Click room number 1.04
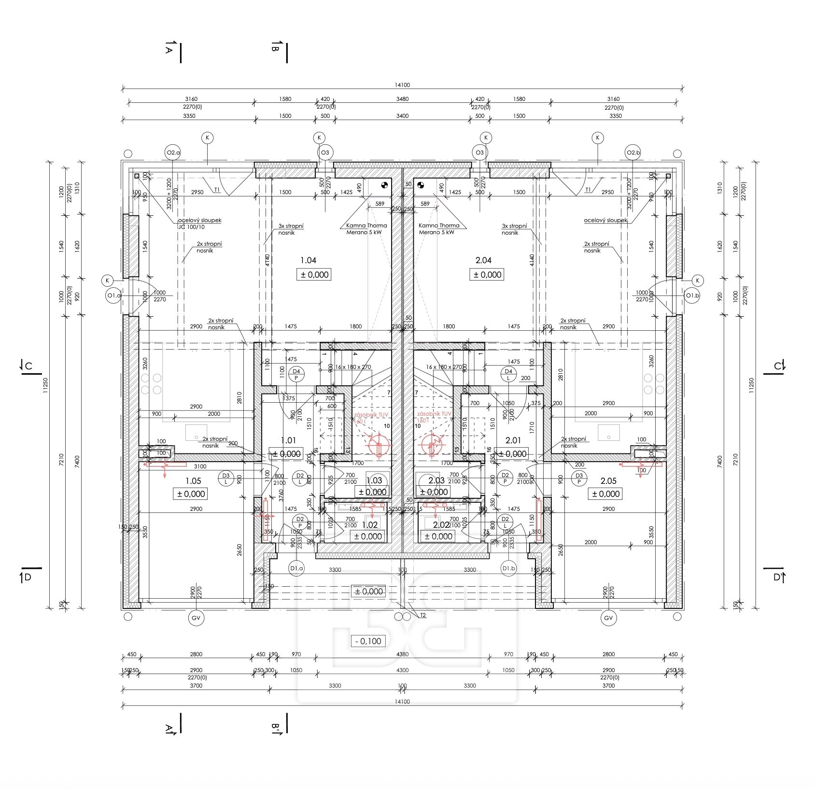[308, 260]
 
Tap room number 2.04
[483, 260]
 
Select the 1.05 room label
[193, 481]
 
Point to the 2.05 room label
[608, 481]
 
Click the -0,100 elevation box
[367, 641]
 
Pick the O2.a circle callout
[172, 153]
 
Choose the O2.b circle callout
[632, 153]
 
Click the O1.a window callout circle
[113, 296]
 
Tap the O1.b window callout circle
[692, 296]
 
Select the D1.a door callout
[296, 568]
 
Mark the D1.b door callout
[508, 568]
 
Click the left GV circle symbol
[197, 618]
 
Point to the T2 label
[423, 615]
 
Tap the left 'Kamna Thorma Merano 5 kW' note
[366, 228]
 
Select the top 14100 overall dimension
[402, 85]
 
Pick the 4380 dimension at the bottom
[402, 654]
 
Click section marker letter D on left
[28, 577]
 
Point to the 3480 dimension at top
[402, 99]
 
